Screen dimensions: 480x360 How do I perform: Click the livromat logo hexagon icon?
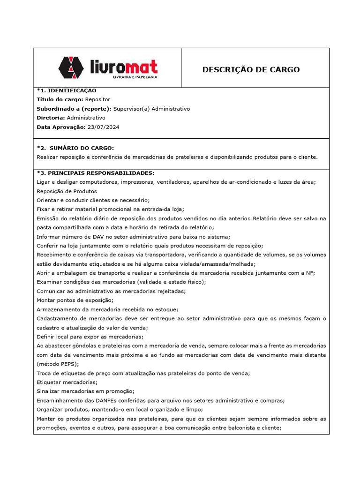click(72, 67)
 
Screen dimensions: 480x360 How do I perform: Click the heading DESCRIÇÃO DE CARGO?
click(251, 70)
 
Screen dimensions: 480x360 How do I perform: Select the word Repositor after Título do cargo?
click(98, 99)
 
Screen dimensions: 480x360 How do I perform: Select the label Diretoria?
click(51, 118)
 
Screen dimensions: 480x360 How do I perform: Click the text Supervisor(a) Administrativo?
click(151, 109)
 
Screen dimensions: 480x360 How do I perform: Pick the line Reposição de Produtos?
click(67, 191)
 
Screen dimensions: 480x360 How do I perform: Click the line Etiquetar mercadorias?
click(65, 382)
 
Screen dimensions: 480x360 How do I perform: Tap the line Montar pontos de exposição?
click(75, 300)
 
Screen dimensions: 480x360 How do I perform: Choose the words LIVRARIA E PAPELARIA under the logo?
click(135, 76)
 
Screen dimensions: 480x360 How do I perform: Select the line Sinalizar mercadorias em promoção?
click(85, 391)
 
